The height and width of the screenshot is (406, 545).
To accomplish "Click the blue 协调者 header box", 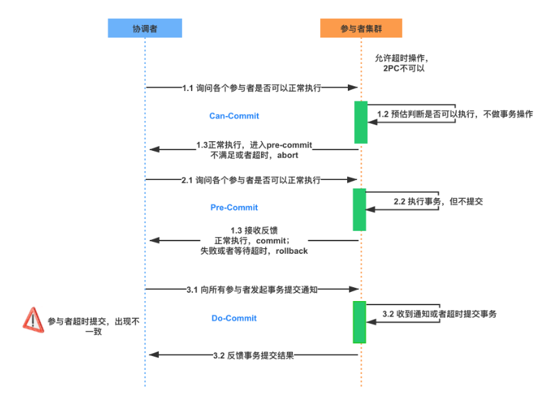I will coord(144,28).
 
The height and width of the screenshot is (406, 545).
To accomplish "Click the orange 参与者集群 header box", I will coord(361,28).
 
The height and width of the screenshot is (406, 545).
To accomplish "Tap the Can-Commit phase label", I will coord(234,115).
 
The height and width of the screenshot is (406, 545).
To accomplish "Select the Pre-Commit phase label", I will coord(234,207).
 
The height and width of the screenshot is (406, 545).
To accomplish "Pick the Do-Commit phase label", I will coord(234,318).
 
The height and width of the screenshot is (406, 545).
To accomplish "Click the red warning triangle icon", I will coord(33,318).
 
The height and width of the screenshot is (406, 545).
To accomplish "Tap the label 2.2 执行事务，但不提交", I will coord(437,201).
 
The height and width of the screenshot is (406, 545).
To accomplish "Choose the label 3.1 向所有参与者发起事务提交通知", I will coord(251,289).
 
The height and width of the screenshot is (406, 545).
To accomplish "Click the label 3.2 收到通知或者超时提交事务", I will coord(439,314).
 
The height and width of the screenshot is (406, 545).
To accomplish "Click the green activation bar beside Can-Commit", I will coord(360,122).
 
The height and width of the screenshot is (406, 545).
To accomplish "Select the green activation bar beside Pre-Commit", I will coord(360,209).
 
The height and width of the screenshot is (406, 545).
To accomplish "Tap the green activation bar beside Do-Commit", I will coord(360,322).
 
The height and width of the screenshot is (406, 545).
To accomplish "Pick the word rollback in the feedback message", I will coord(292,250).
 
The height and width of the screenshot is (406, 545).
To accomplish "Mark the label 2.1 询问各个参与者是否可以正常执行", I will coord(251,179).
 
